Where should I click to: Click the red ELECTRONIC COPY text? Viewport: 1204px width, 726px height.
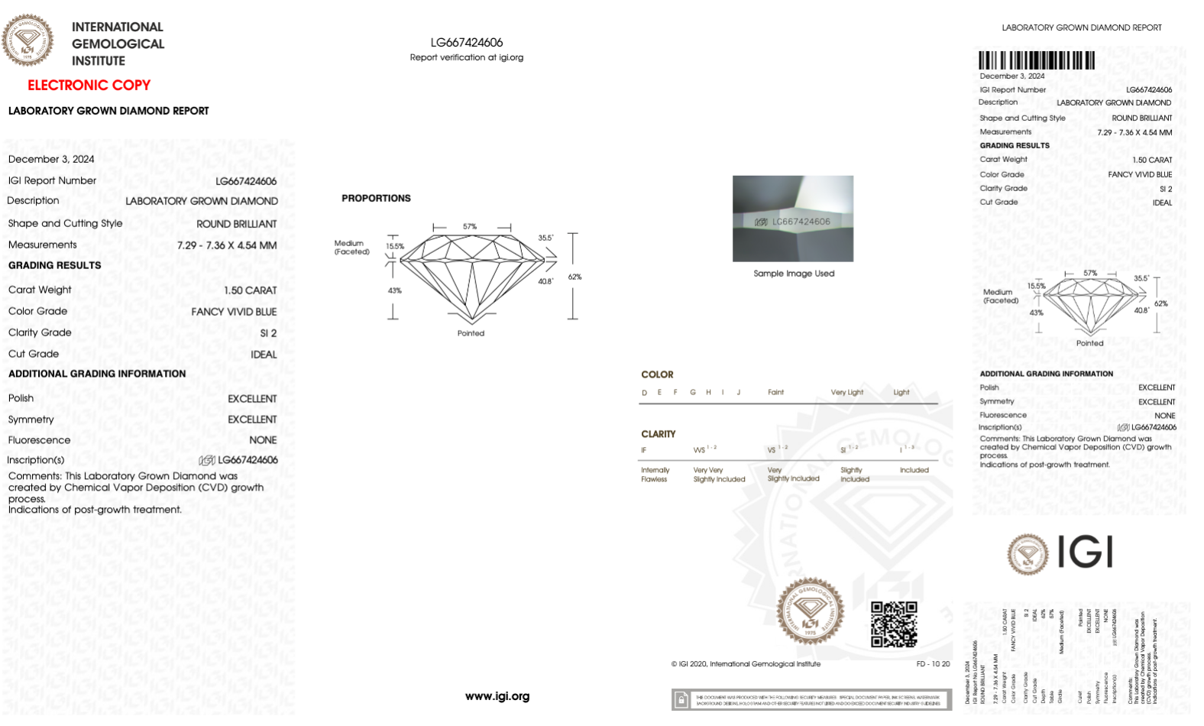pos(89,86)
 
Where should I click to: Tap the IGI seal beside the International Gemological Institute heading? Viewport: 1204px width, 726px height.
pos(28,40)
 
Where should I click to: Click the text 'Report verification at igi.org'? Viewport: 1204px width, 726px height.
pos(466,57)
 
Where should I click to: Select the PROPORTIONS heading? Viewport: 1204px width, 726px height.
pos(376,198)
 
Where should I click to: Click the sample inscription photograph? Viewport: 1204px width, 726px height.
pos(792,219)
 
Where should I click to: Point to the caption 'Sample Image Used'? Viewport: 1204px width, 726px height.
pos(794,274)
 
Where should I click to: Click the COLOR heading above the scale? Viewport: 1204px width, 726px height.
pos(657,374)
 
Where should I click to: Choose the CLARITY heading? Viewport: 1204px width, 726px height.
pos(658,434)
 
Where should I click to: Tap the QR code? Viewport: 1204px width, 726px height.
pos(894,624)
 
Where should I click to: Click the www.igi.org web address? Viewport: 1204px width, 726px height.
pos(497,696)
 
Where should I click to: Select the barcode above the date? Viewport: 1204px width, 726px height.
pos(1037,60)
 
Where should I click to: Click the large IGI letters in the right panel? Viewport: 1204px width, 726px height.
pos(1085,552)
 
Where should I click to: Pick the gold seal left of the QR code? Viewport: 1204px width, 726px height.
pos(810,611)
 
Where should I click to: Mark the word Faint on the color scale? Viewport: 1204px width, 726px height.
pos(775,393)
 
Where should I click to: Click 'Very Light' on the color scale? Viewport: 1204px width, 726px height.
pos(846,393)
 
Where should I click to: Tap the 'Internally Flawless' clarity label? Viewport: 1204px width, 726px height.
pos(655,475)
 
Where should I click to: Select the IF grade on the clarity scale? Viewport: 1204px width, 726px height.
pos(643,450)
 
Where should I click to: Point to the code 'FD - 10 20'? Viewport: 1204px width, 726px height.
pos(933,664)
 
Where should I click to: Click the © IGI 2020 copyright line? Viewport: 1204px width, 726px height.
pos(746,664)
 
